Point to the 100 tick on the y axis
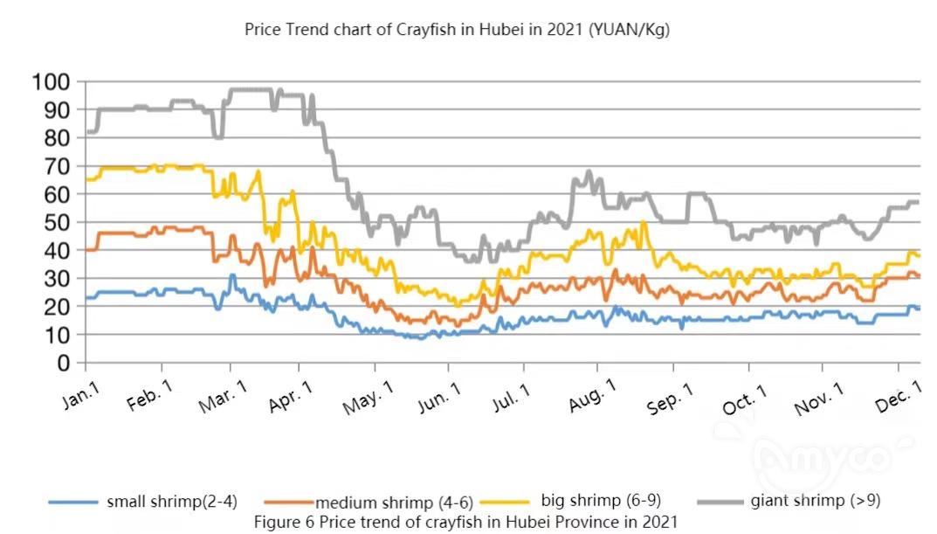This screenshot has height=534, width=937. point(51,82)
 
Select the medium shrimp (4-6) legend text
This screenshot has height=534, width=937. point(394,503)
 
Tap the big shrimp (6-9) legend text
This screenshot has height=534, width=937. point(601,501)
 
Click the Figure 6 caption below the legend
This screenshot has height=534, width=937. point(465,522)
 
